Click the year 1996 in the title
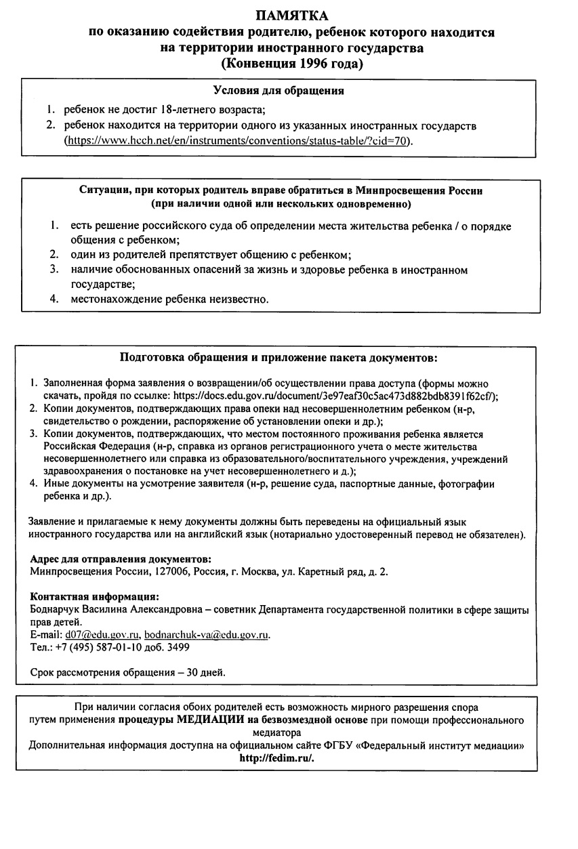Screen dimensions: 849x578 (312, 65)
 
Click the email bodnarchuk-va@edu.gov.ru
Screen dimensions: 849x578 (207, 634)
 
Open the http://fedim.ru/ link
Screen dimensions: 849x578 (276, 758)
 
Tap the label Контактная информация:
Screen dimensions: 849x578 (95, 596)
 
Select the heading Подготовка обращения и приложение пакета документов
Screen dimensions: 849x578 (278, 357)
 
